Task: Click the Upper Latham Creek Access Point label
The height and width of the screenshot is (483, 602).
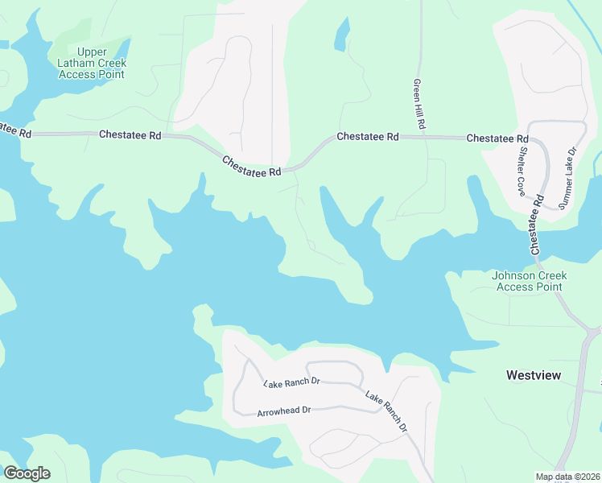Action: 91,63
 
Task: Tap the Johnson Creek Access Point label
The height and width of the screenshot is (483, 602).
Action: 530,281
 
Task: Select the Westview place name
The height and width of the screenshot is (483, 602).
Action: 533,375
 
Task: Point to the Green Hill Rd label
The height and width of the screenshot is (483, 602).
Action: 419,105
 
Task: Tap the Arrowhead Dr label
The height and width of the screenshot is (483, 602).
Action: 283,411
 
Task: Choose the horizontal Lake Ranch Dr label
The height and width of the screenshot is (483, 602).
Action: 291,382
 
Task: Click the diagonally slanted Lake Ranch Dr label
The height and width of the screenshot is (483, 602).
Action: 386,411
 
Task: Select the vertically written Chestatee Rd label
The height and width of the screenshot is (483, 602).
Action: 535,225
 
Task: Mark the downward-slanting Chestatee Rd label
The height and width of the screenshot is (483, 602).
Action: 252,167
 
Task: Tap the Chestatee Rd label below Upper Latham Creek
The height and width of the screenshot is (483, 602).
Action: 130,134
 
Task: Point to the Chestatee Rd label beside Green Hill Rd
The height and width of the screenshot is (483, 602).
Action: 368,137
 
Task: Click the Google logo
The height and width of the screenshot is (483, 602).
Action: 27,473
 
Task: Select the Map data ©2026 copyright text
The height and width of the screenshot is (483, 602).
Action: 567,477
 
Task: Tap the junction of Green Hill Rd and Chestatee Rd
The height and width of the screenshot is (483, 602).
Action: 420,138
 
